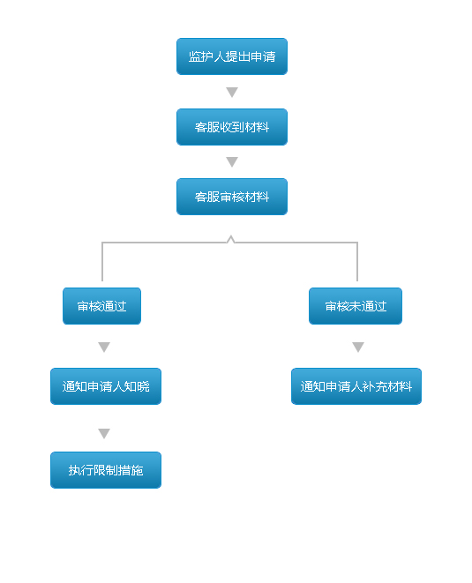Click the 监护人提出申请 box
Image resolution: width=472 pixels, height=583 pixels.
click(x=232, y=56)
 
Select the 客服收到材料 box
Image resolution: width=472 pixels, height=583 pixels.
click(x=232, y=127)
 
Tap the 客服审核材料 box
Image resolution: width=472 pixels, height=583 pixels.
click(x=232, y=197)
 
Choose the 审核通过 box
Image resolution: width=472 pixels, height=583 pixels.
click(x=101, y=306)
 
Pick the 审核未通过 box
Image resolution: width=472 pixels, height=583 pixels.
click(x=356, y=306)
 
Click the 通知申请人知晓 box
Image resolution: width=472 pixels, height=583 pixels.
click(x=106, y=386)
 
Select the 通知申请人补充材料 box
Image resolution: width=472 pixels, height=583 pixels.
click(x=356, y=386)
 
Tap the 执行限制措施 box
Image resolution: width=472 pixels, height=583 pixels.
click(x=106, y=470)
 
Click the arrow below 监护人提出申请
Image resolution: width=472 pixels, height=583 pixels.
click(x=232, y=92)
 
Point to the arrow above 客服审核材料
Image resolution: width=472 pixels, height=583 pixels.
click(x=232, y=161)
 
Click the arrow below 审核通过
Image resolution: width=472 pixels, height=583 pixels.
click(x=104, y=347)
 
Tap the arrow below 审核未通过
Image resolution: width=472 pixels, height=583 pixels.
click(x=358, y=347)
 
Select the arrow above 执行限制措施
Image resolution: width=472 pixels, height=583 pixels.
click(x=104, y=434)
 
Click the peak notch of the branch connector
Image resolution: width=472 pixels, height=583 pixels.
click(x=230, y=236)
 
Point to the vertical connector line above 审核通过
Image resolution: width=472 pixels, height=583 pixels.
click(x=102, y=262)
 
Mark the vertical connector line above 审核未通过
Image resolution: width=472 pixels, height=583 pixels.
click(x=357, y=262)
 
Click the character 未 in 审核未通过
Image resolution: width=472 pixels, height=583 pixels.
click(x=356, y=306)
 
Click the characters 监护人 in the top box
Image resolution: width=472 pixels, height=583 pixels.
click(x=206, y=56)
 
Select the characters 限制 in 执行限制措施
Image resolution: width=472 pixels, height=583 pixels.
click(x=106, y=470)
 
